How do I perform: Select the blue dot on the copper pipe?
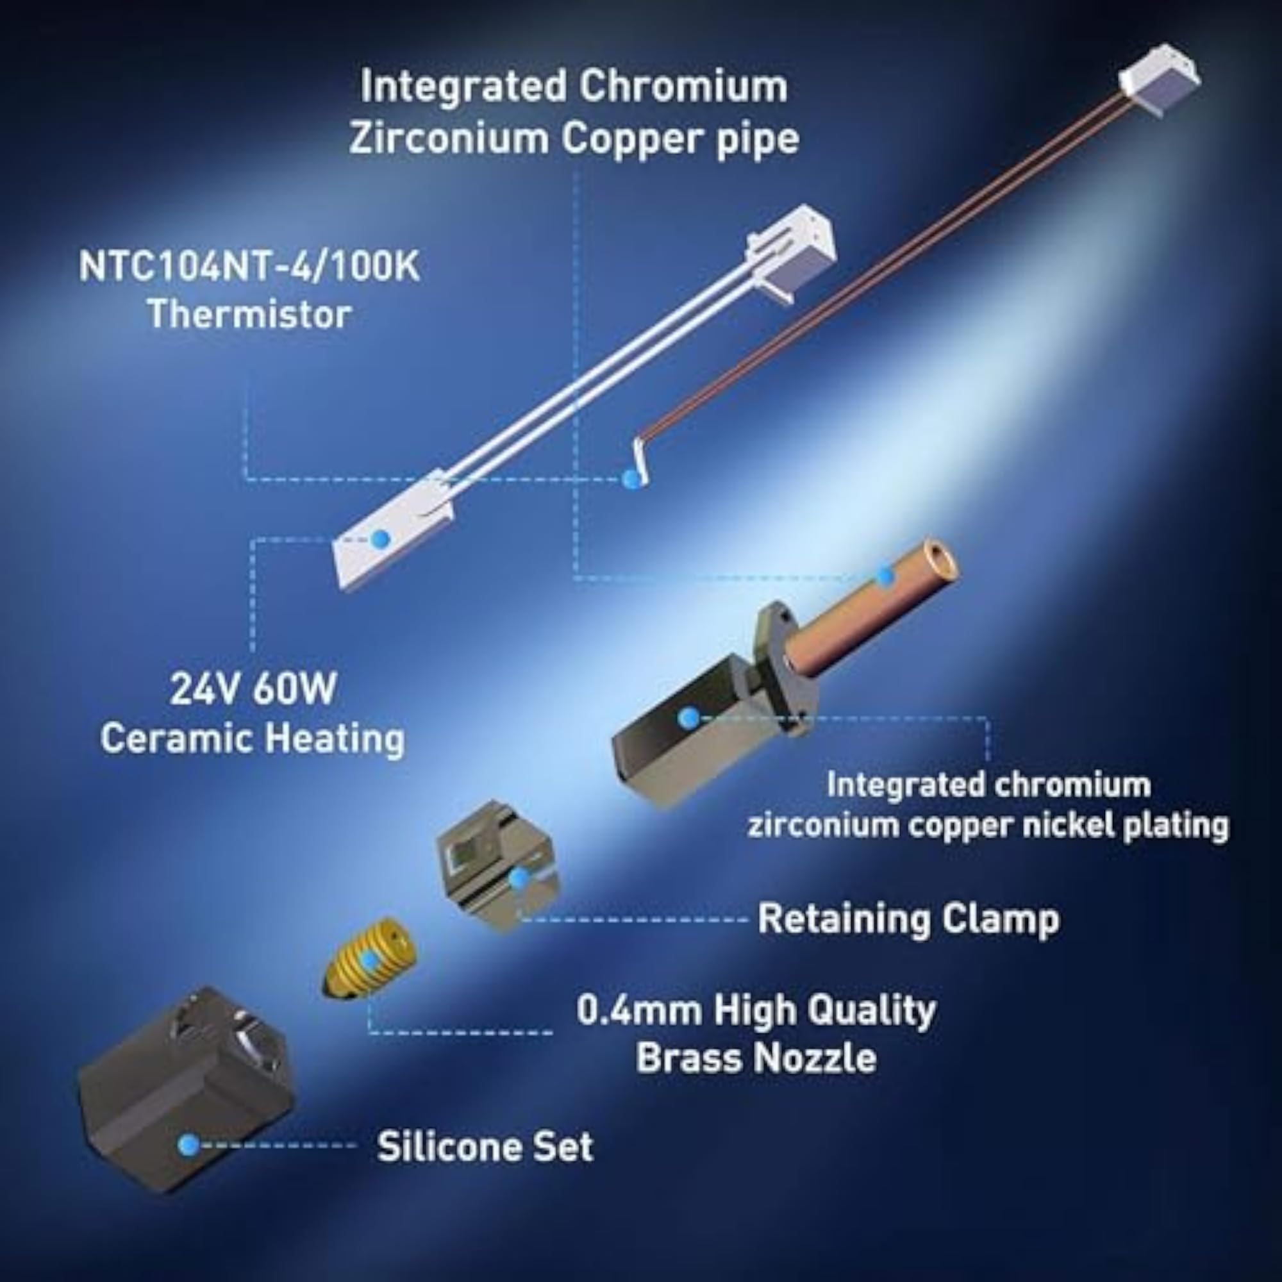pyautogui.click(x=884, y=577)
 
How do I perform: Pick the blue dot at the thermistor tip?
pyautogui.click(x=632, y=479)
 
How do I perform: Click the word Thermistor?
pyautogui.click(x=249, y=314)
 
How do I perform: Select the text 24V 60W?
pyautogui.click(x=253, y=689)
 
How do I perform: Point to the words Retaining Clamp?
pyautogui.click(x=908, y=919)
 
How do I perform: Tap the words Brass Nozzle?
pyautogui.click(x=756, y=1056)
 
